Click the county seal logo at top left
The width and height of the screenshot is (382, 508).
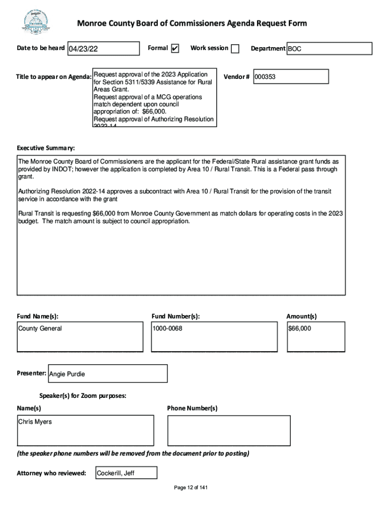tap(35, 22)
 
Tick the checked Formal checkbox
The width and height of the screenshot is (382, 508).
tap(175, 49)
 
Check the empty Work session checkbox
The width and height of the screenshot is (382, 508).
tap(235, 49)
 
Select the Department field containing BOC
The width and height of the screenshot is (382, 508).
tap(329, 49)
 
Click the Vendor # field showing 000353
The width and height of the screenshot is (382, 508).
tap(291, 77)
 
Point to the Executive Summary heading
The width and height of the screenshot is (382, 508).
tap(46, 148)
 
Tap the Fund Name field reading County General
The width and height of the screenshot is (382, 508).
tap(80, 336)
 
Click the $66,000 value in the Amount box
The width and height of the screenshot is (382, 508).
tap(300, 328)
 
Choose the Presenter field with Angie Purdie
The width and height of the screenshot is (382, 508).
tap(108, 374)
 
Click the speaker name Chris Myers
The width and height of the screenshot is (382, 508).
tap(35, 422)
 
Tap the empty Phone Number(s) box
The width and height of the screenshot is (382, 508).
tap(229, 431)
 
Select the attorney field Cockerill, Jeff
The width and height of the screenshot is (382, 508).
tap(126, 473)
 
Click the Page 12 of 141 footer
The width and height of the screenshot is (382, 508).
tap(191, 488)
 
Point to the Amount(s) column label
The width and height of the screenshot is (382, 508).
tap(301, 316)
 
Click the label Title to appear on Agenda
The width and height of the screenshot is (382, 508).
tap(54, 77)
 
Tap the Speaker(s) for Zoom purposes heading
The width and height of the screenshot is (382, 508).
tap(82, 396)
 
